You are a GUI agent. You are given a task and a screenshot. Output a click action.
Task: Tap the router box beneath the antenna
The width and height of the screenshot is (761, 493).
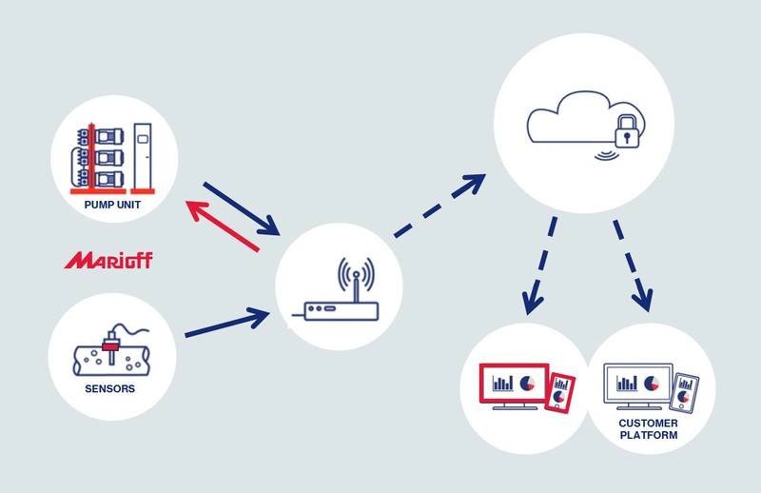[x=340, y=310]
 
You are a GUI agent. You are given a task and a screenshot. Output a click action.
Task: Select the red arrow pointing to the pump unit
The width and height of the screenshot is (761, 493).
[x=224, y=225]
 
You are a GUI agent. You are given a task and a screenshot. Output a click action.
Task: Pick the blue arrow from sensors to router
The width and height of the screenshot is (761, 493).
[x=227, y=322]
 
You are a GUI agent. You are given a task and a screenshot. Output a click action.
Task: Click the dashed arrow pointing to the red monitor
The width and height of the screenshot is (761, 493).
[x=539, y=267]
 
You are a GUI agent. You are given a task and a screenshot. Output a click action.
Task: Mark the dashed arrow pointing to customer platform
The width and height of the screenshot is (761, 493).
[x=632, y=266]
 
